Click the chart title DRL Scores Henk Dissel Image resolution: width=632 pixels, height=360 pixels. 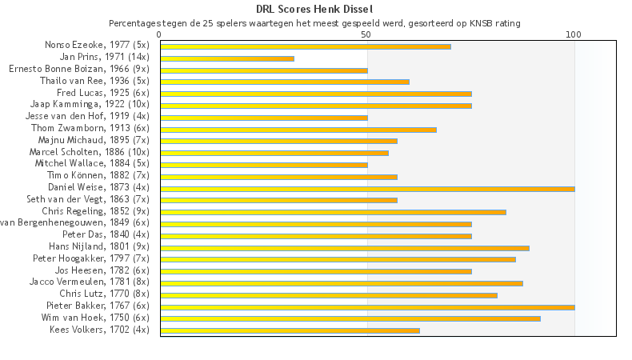click(314, 9)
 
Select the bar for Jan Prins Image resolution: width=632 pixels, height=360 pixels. click(227, 58)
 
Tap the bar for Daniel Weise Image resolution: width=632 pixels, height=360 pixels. click(367, 188)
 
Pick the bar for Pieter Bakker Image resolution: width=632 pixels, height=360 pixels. click(367, 306)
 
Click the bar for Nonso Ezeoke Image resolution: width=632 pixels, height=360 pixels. click(305, 46)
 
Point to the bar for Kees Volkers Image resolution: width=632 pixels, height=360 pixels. click(290, 330)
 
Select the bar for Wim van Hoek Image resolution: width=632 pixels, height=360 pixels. click(350, 318)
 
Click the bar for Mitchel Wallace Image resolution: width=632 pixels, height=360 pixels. click(264, 165)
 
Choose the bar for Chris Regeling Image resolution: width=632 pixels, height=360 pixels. click(333, 212)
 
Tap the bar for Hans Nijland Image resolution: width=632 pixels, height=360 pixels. click(344, 247)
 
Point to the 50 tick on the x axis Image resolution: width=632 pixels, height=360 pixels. click(366, 35)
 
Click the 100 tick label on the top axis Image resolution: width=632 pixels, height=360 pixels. click(574, 35)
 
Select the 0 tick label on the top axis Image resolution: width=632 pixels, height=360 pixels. click(160, 35)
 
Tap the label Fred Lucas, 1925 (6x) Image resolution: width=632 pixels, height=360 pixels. click(102, 94)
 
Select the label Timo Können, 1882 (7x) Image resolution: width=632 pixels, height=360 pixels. click(98, 176)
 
